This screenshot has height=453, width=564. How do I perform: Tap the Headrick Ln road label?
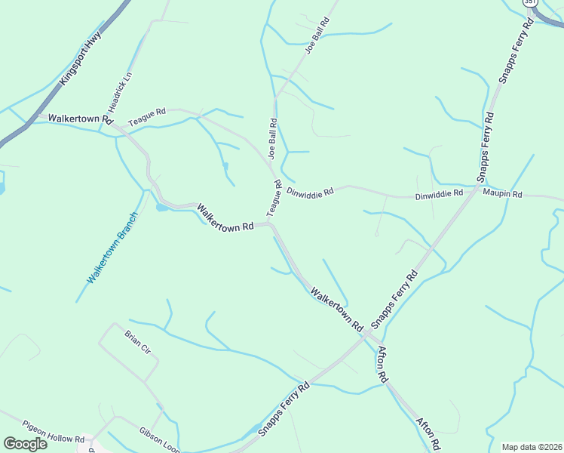[120, 89]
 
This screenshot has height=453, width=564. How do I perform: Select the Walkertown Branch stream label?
[112, 248]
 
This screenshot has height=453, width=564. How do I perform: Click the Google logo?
[25, 444]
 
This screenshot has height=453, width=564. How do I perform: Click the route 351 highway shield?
[531, 3]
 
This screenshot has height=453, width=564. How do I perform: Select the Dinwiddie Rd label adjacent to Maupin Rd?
[439, 195]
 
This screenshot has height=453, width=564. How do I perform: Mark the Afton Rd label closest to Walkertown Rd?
[382, 362]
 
